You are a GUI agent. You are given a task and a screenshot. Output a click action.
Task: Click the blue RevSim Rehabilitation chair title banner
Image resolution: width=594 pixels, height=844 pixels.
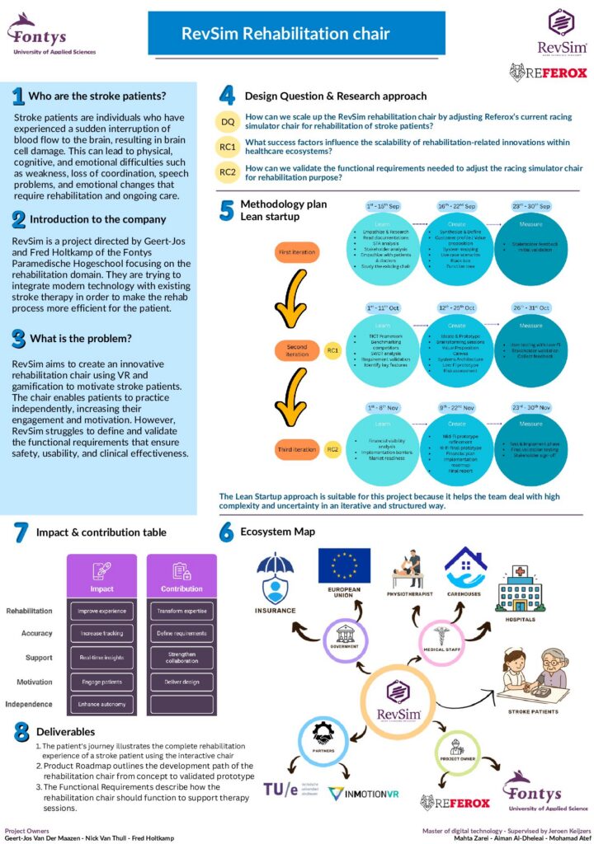pyautogui.click(x=285, y=34)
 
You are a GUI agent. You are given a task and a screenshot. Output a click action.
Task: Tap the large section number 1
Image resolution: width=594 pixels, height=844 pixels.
pyautogui.click(x=17, y=96)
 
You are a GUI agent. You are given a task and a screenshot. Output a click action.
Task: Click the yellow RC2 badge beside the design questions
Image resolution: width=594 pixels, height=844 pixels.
pyautogui.click(x=228, y=172)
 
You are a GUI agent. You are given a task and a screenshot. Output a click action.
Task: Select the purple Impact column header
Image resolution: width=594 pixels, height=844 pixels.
pyautogui.click(x=102, y=578)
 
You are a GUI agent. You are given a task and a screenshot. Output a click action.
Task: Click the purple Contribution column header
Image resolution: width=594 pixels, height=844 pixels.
pyautogui.click(x=181, y=578)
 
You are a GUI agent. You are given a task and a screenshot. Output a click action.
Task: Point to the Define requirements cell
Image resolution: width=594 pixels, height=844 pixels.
pyautogui.click(x=181, y=633)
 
